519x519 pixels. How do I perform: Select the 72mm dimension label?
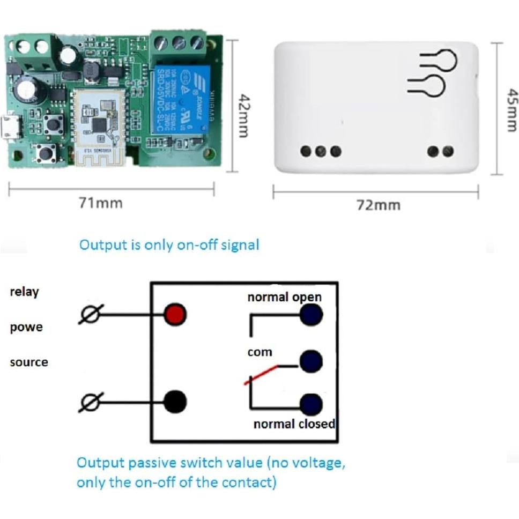point(379,205)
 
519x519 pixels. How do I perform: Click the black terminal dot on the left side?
point(175,400)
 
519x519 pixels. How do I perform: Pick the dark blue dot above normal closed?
point(312,404)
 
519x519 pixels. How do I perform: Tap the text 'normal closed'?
point(294,424)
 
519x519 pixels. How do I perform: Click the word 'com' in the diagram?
point(259,353)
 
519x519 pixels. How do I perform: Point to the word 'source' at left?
point(29,362)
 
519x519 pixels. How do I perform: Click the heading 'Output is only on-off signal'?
point(169,245)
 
